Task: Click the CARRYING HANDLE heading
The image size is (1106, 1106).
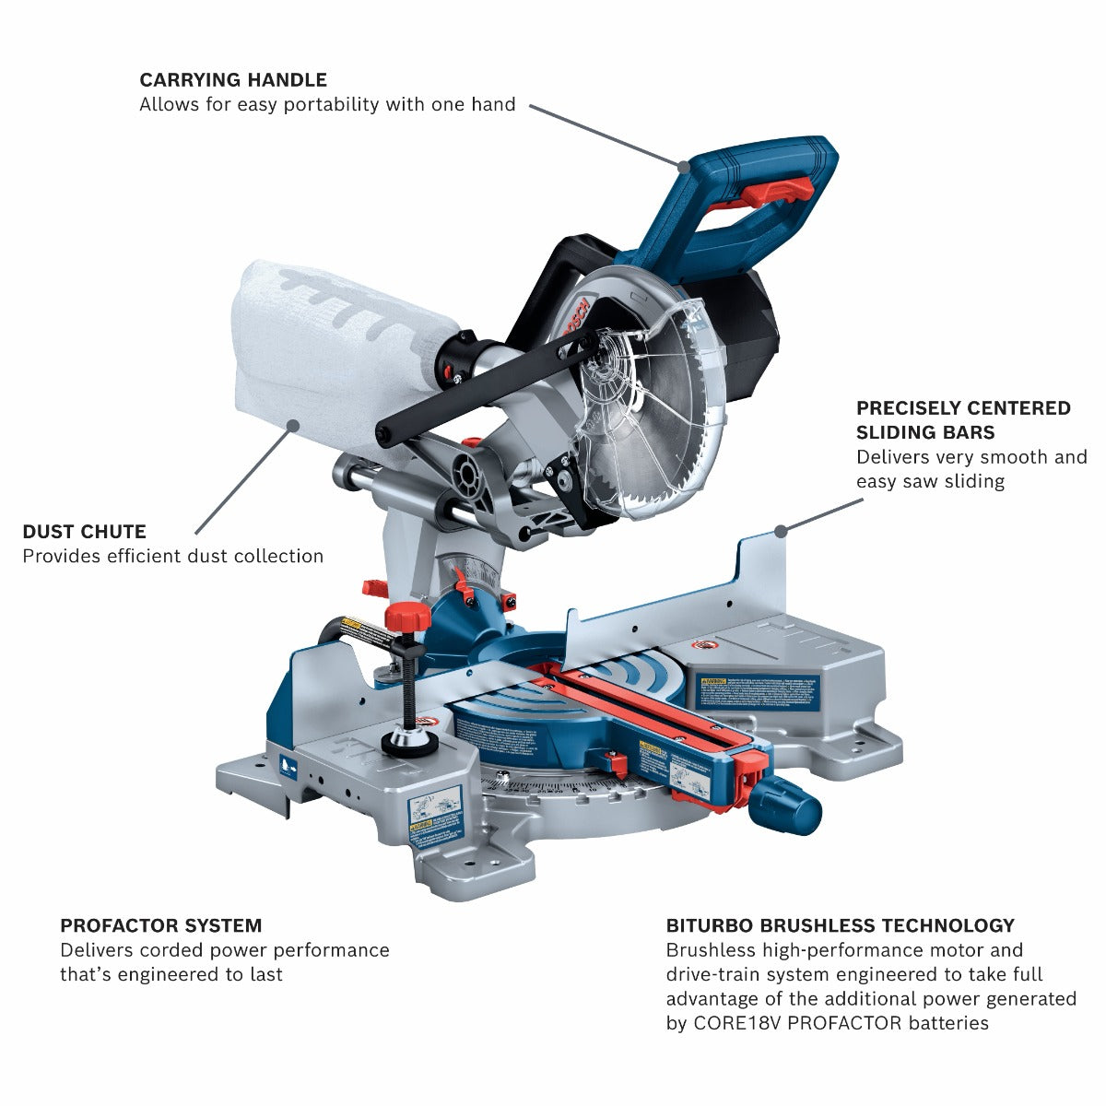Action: pos(232,80)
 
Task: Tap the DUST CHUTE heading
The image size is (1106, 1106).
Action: pos(84,532)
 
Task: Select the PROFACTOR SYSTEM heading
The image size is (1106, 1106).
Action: pos(160,925)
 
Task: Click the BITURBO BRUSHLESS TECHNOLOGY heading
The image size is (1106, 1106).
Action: pos(840,925)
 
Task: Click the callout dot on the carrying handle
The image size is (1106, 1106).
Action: pos(684,167)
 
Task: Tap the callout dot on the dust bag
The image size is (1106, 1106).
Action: pos(293,425)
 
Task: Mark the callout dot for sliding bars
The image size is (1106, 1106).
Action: pos(781,530)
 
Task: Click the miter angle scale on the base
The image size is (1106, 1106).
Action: pos(571,788)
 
